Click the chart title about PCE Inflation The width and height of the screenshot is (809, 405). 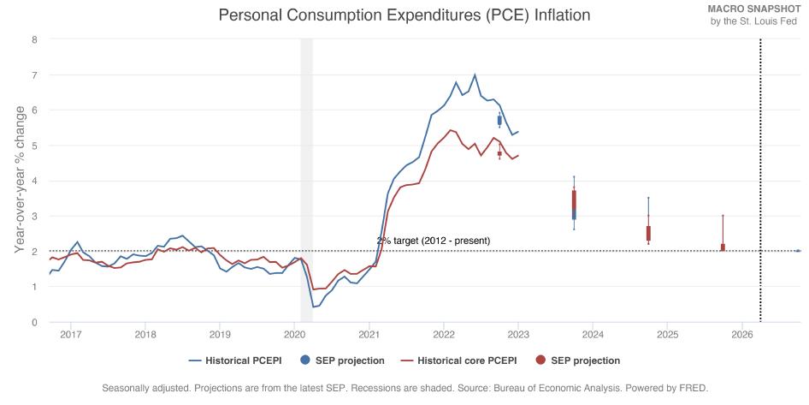(x=404, y=15)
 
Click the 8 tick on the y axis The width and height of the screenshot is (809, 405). (x=34, y=39)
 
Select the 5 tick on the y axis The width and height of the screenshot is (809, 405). (x=34, y=146)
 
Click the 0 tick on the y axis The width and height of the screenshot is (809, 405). (x=34, y=322)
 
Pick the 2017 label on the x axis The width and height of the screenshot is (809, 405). (x=71, y=334)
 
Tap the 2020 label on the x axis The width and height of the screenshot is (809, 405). (x=294, y=334)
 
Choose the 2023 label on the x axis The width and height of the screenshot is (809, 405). (x=518, y=334)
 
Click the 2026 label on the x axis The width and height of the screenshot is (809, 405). (x=741, y=334)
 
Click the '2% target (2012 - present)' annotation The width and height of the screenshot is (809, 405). (x=434, y=241)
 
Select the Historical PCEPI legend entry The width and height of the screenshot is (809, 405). (x=238, y=360)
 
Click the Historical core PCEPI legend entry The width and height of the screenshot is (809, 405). (x=467, y=360)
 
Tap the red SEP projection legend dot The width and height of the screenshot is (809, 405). (x=540, y=360)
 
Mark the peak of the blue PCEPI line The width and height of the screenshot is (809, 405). (x=475, y=74)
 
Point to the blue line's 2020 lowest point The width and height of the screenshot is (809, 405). (x=313, y=307)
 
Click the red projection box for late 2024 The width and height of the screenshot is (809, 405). (x=648, y=233)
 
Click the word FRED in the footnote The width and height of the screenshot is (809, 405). (x=693, y=388)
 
